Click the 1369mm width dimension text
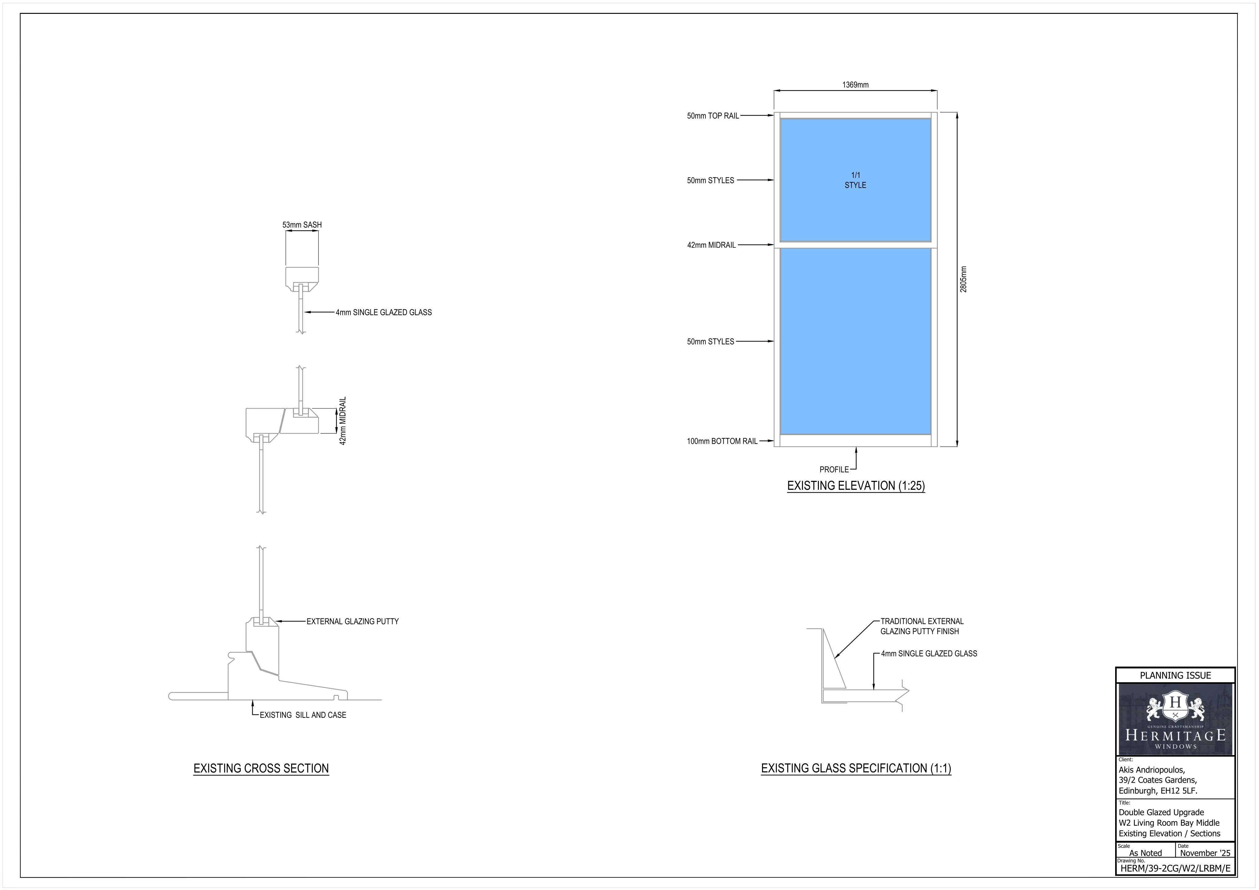click(855, 85)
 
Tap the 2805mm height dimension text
click(963, 279)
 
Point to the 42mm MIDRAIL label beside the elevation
click(711, 245)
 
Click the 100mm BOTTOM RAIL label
click(722, 441)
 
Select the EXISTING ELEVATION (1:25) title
click(856, 486)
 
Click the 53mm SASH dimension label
click(302, 225)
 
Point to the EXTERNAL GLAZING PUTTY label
click(353, 622)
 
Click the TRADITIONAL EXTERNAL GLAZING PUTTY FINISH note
click(922, 626)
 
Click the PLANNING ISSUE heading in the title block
click(1175, 675)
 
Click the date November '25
click(1205, 853)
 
